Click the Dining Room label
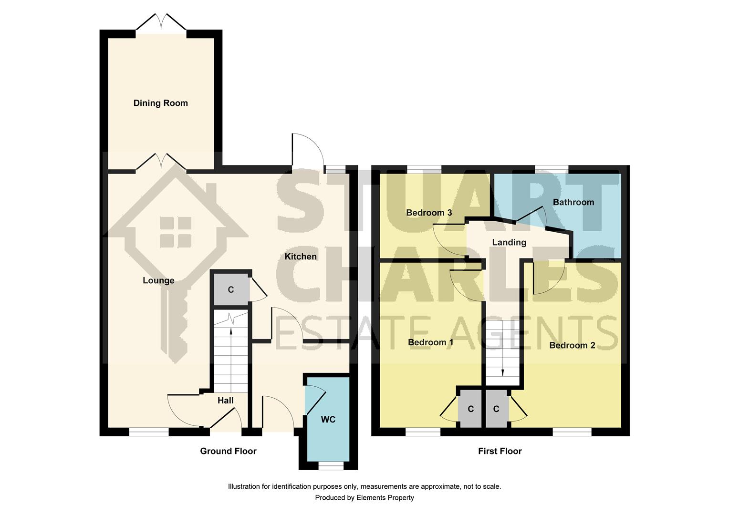point(160,103)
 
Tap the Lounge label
point(158,280)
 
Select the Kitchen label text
point(301,257)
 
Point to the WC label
point(328,420)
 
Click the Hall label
point(226,401)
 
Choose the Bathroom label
point(573,202)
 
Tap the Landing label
point(509,242)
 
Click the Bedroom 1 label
point(430,342)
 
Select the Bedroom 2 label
point(572,345)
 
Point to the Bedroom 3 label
point(429,213)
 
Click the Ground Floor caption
point(228,451)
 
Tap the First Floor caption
point(500,451)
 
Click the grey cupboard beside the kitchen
point(231,289)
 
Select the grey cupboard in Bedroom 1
point(470,409)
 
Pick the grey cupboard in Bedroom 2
point(496,409)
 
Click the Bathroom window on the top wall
point(552,169)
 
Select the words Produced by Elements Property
point(364,497)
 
